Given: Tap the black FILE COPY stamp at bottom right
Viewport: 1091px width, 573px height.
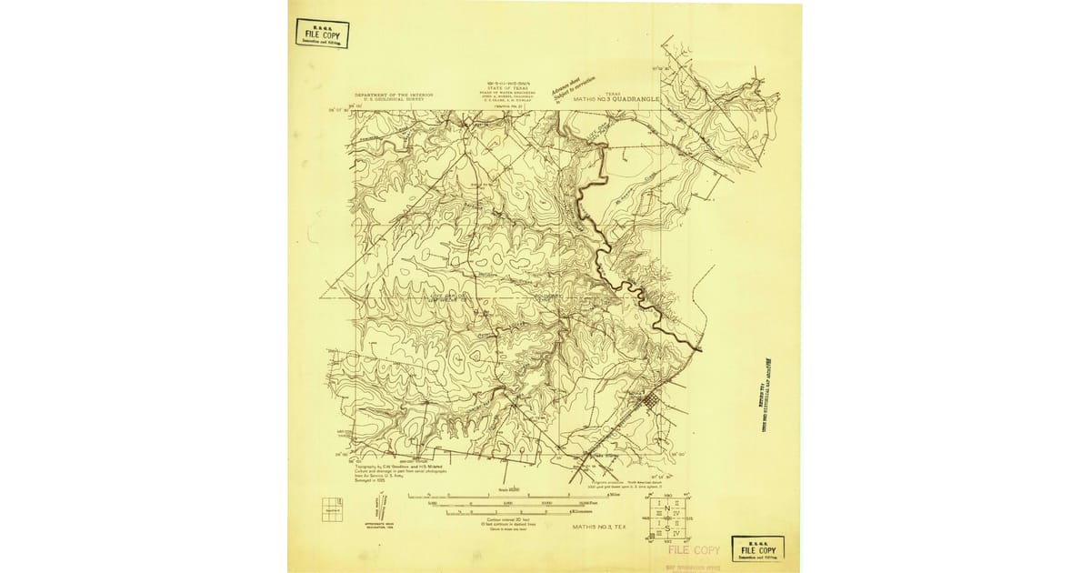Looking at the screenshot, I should (x=757, y=548).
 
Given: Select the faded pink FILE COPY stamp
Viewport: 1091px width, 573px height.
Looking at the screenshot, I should (x=694, y=550).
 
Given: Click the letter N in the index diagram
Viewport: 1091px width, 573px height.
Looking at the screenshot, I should (x=668, y=508).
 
